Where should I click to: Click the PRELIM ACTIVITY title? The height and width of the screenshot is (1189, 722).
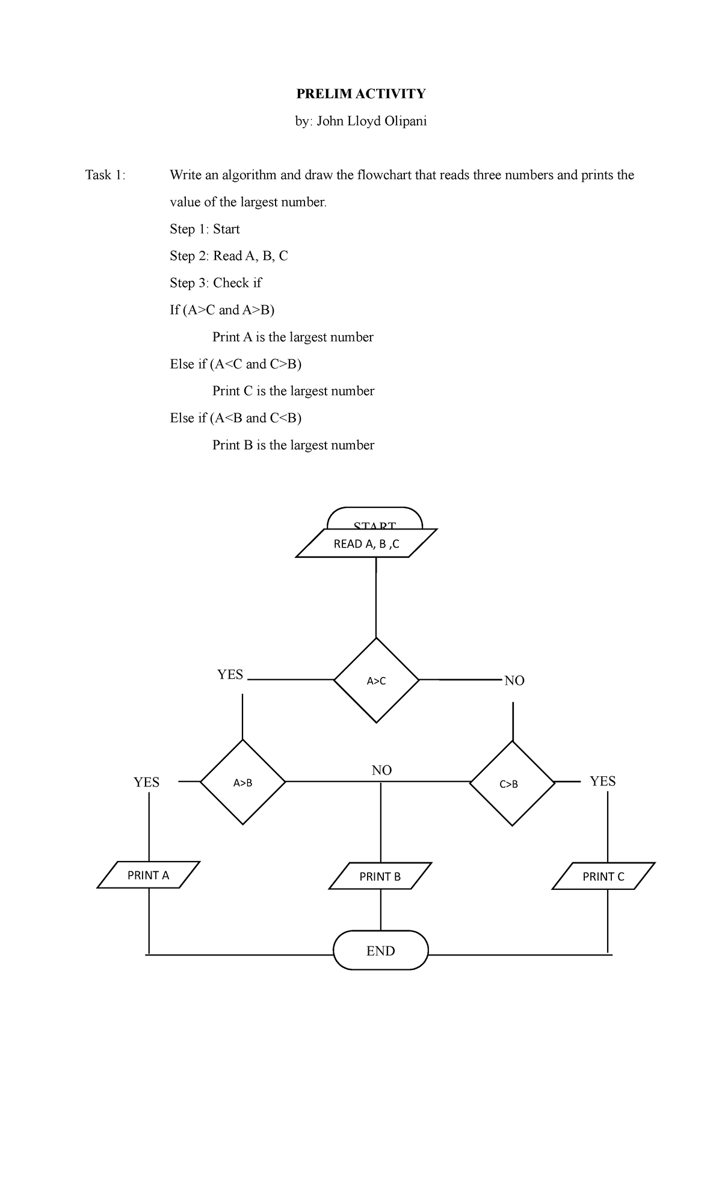(x=360, y=93)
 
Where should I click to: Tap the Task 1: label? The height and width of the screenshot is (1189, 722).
(x=106, y=175)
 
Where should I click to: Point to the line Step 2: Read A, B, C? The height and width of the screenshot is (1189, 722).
(x=229, y=256)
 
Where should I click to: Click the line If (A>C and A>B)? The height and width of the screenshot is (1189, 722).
(x=222, y=310)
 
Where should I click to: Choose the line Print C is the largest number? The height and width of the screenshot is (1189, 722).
(x=293, y=391)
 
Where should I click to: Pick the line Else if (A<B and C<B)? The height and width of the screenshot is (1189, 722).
(x=235, y=418)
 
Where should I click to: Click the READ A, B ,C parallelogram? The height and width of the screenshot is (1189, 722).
(x=366, y=544)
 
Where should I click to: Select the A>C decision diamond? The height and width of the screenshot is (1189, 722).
(x=376, y=681)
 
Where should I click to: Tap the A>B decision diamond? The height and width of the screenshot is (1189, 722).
(x=242, y=782)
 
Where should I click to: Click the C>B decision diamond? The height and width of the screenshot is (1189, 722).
(x=512, y=783)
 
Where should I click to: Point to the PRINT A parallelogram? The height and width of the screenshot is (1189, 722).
(x=148, y=875)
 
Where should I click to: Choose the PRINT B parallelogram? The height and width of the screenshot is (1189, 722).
(x=380, y=876)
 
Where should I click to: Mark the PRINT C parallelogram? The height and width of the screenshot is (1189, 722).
(x=603, y=876)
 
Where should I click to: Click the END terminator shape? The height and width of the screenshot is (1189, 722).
(x=381, y=951)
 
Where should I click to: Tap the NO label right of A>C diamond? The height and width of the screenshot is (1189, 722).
(x=514, y=681)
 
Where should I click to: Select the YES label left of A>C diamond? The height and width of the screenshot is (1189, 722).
(x=230, y=675)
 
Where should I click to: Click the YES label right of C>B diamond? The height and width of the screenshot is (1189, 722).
(x=603, y=781)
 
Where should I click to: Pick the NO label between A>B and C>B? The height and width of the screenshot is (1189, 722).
(x=381, y=770)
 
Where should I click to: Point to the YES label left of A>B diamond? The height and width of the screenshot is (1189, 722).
(x=146, y=782)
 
